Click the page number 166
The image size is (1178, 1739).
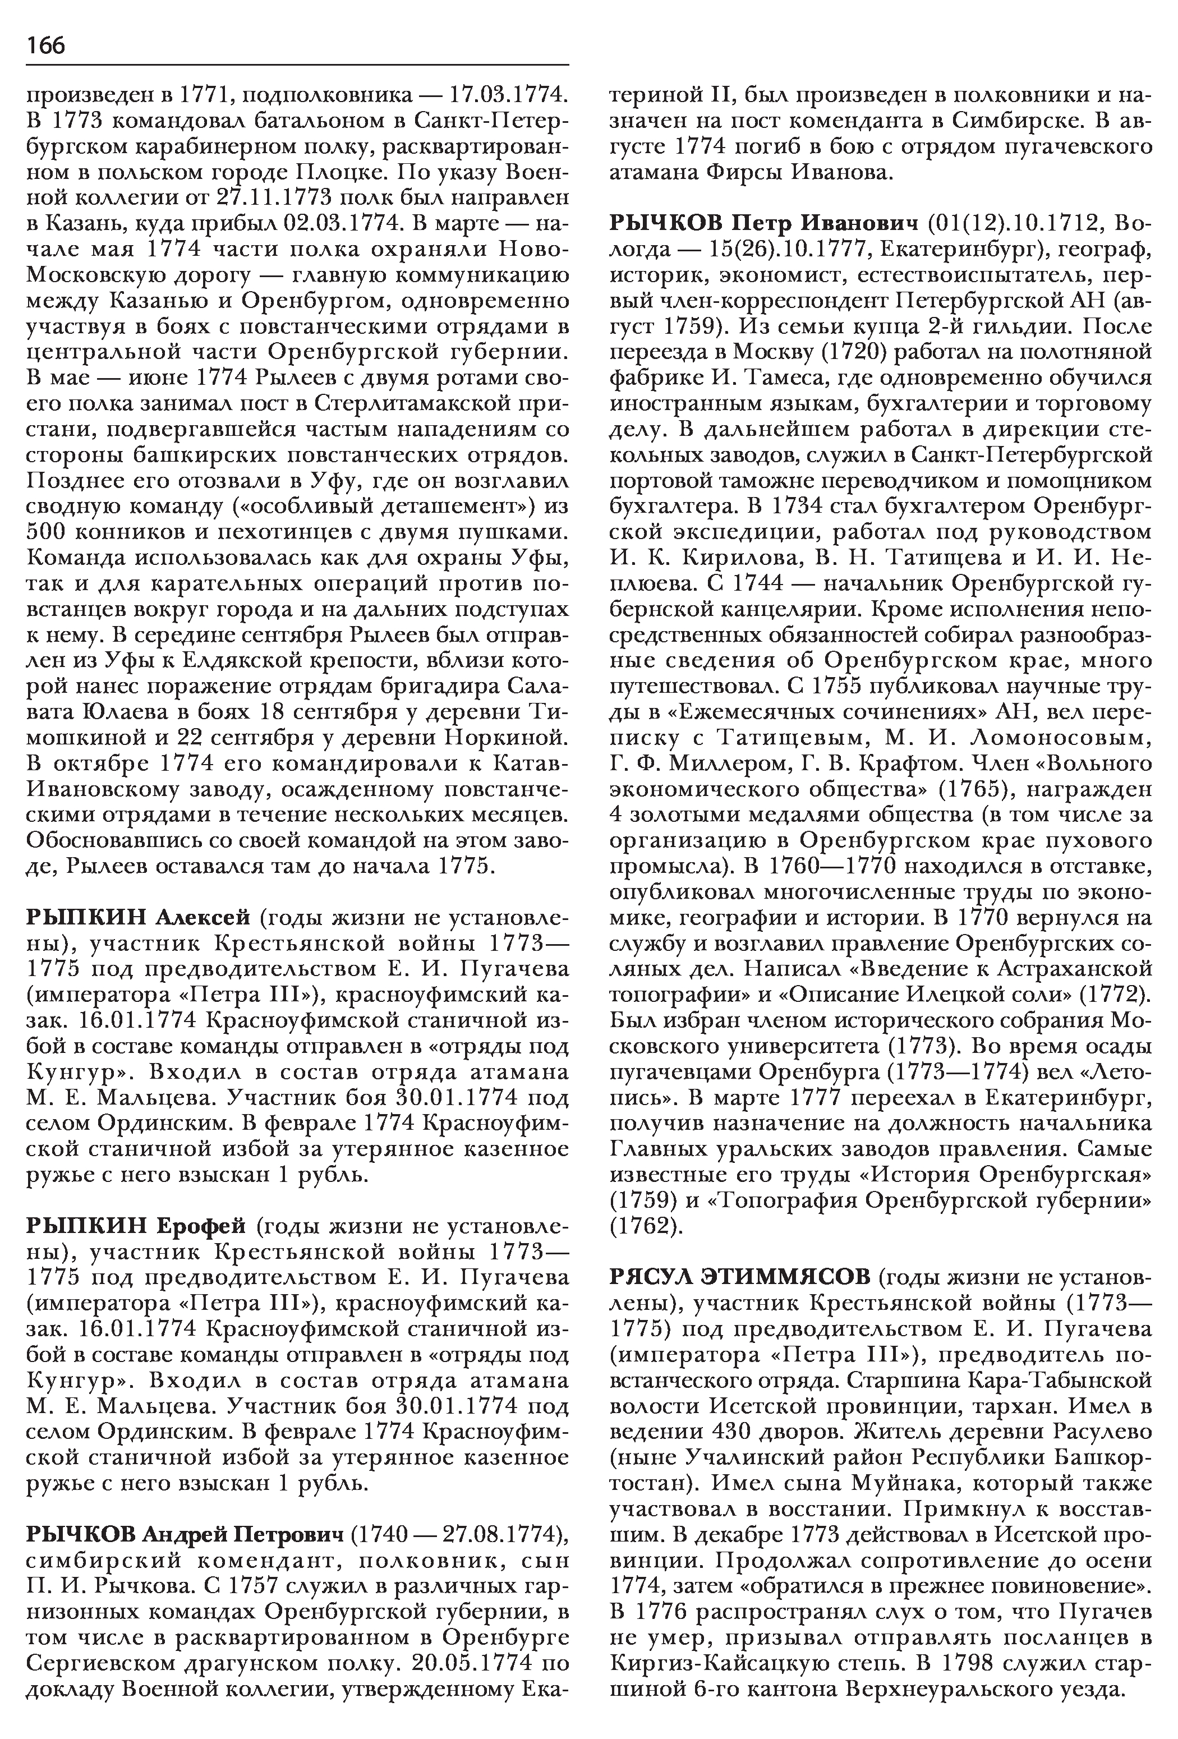pos(47,45)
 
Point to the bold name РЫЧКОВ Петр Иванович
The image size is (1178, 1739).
pos(764,224)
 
